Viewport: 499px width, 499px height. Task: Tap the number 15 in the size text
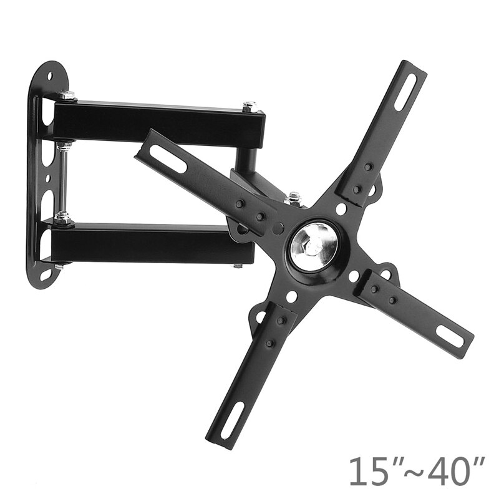click(367, 472)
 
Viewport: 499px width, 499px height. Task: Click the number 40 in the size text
click(448, 472)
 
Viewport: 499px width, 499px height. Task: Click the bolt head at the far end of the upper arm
click(249, 106)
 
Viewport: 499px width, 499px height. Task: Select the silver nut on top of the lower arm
click(63, 217)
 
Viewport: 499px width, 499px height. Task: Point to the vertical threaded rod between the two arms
click(63, 181)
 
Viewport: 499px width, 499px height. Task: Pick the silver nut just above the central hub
click(293, 198)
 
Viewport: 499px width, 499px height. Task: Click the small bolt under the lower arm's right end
click(238, 266)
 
